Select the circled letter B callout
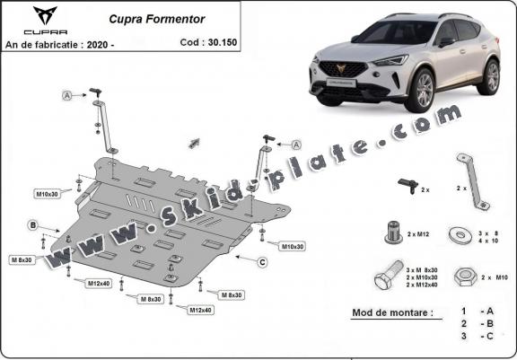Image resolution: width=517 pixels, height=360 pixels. tap(32, 224)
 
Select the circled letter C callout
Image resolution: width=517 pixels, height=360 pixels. tap(261, 262)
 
